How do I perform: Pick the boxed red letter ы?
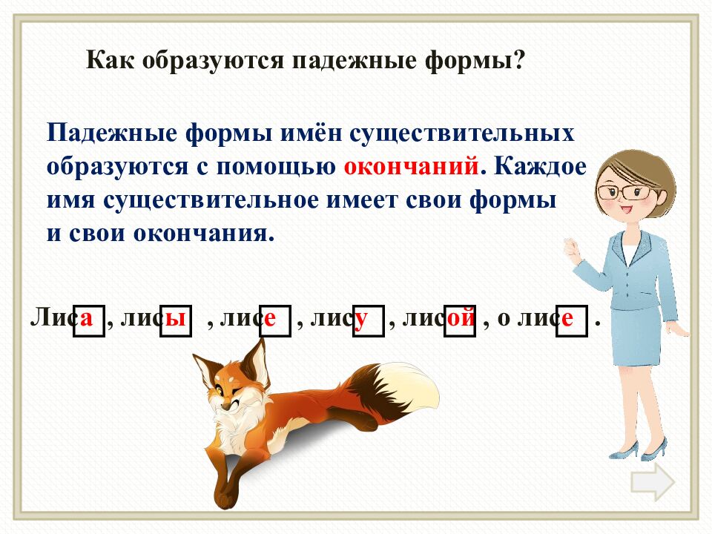[x=176, y=319]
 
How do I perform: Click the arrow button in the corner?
[x=653, y=483]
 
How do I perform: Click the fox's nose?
[x=227, y=416]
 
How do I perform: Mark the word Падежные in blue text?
[x=102, y=134]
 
